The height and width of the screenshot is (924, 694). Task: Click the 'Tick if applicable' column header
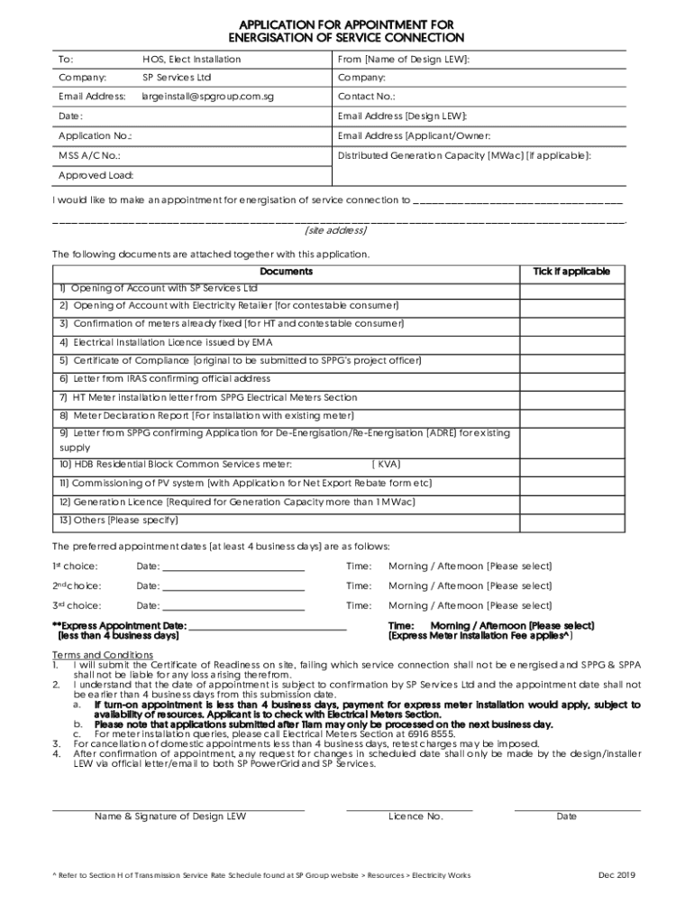[571, 272]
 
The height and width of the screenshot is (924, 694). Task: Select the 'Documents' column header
[286, 272]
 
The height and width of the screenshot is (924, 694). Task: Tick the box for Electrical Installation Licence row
[571, 343]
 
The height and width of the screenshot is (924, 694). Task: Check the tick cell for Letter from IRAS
[571, 379]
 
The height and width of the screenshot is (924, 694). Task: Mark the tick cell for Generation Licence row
[571, 502]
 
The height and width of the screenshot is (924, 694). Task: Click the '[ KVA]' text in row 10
[386, 465]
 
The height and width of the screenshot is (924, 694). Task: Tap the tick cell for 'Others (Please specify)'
[571, 521]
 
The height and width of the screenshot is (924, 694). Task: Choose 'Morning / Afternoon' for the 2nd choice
[470, 587]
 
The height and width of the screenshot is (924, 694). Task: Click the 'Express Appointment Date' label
[119, 625]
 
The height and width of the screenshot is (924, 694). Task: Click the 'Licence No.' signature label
[415, 817]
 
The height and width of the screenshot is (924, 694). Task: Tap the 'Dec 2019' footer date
[617, 875]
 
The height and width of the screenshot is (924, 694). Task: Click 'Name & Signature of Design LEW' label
[170, 817]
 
